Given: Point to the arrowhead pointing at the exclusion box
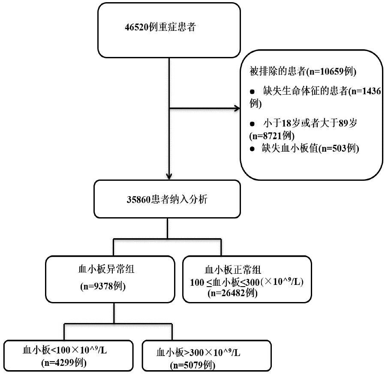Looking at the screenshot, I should tap(237, 108).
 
